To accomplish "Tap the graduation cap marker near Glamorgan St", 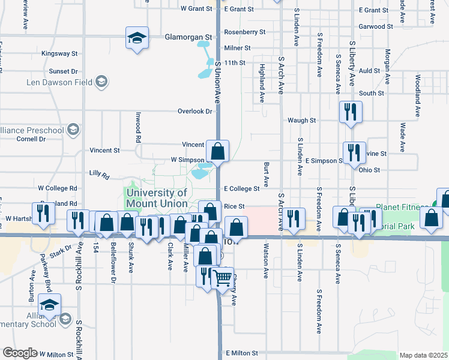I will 137,38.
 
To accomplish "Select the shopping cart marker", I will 223,278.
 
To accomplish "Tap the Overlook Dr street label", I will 195,111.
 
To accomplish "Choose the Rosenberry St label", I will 244,32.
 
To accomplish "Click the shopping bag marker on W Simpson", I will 218,151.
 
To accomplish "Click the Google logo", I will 20,353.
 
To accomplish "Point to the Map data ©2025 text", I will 424,355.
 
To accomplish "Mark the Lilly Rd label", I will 99,175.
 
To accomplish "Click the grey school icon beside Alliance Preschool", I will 73,130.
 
